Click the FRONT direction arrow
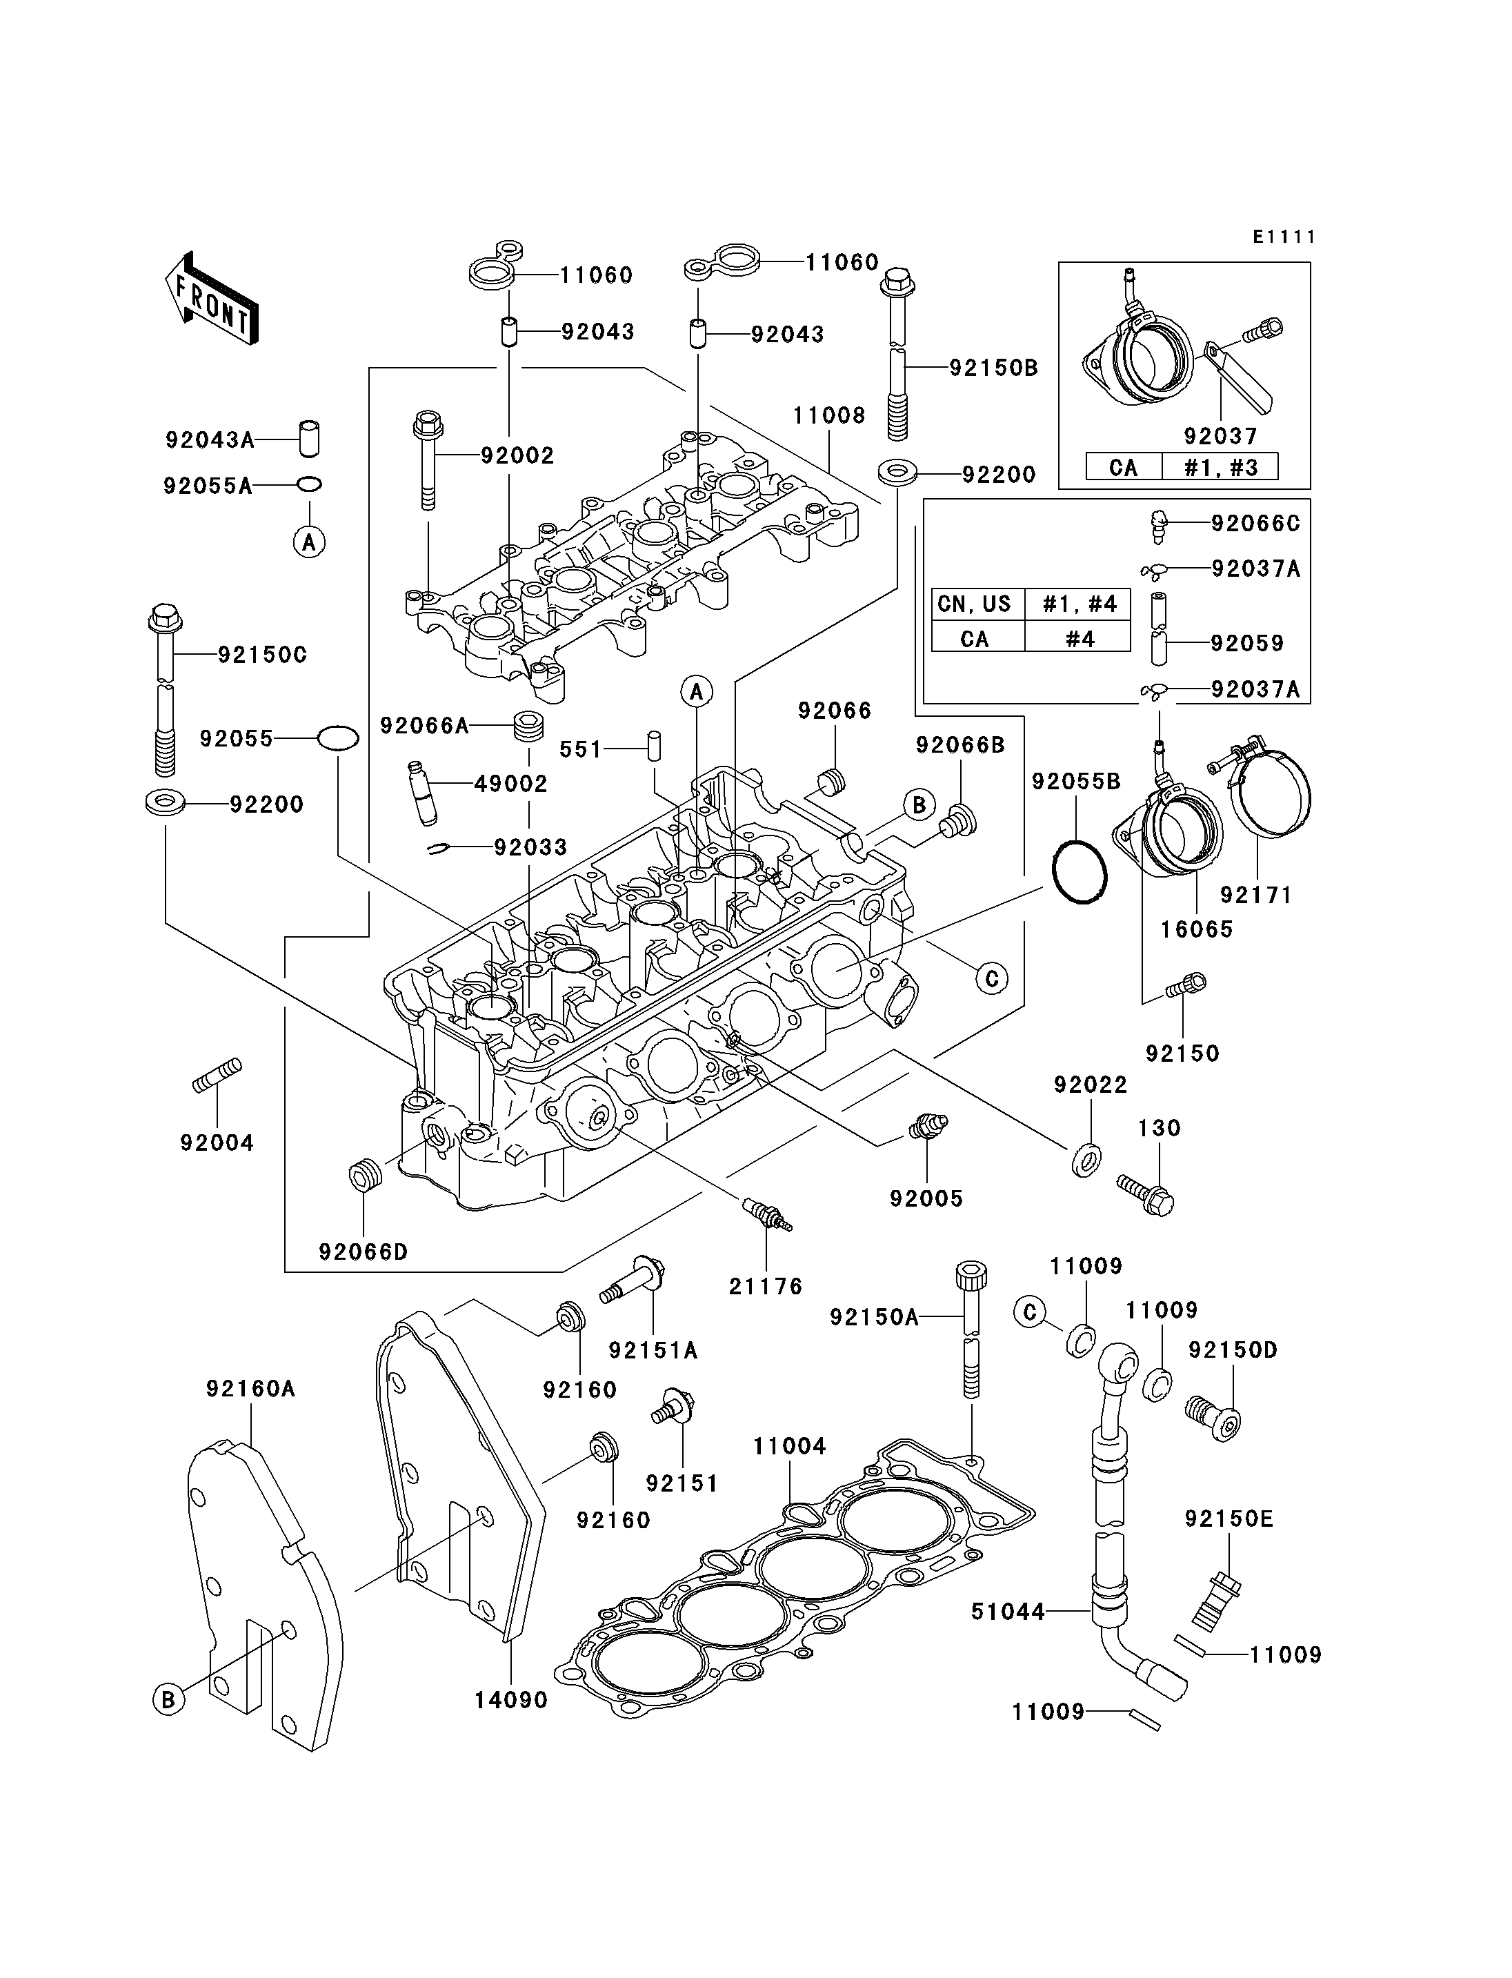pos(212,298)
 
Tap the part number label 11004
pos(789,1447)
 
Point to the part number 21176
pos(765,1287)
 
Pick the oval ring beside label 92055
pos(337,738)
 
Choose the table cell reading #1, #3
pos(1219,467)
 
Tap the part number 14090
pos(511,1700)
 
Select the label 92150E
pos(1228,1519)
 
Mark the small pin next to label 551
pos(655,746)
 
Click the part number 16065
pos(1196,929)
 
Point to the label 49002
pos(510,784)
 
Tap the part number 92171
pos(1255,895)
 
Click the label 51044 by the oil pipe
pos(1007,1612)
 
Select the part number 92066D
pos(363,1252)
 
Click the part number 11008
pos(829,416)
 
